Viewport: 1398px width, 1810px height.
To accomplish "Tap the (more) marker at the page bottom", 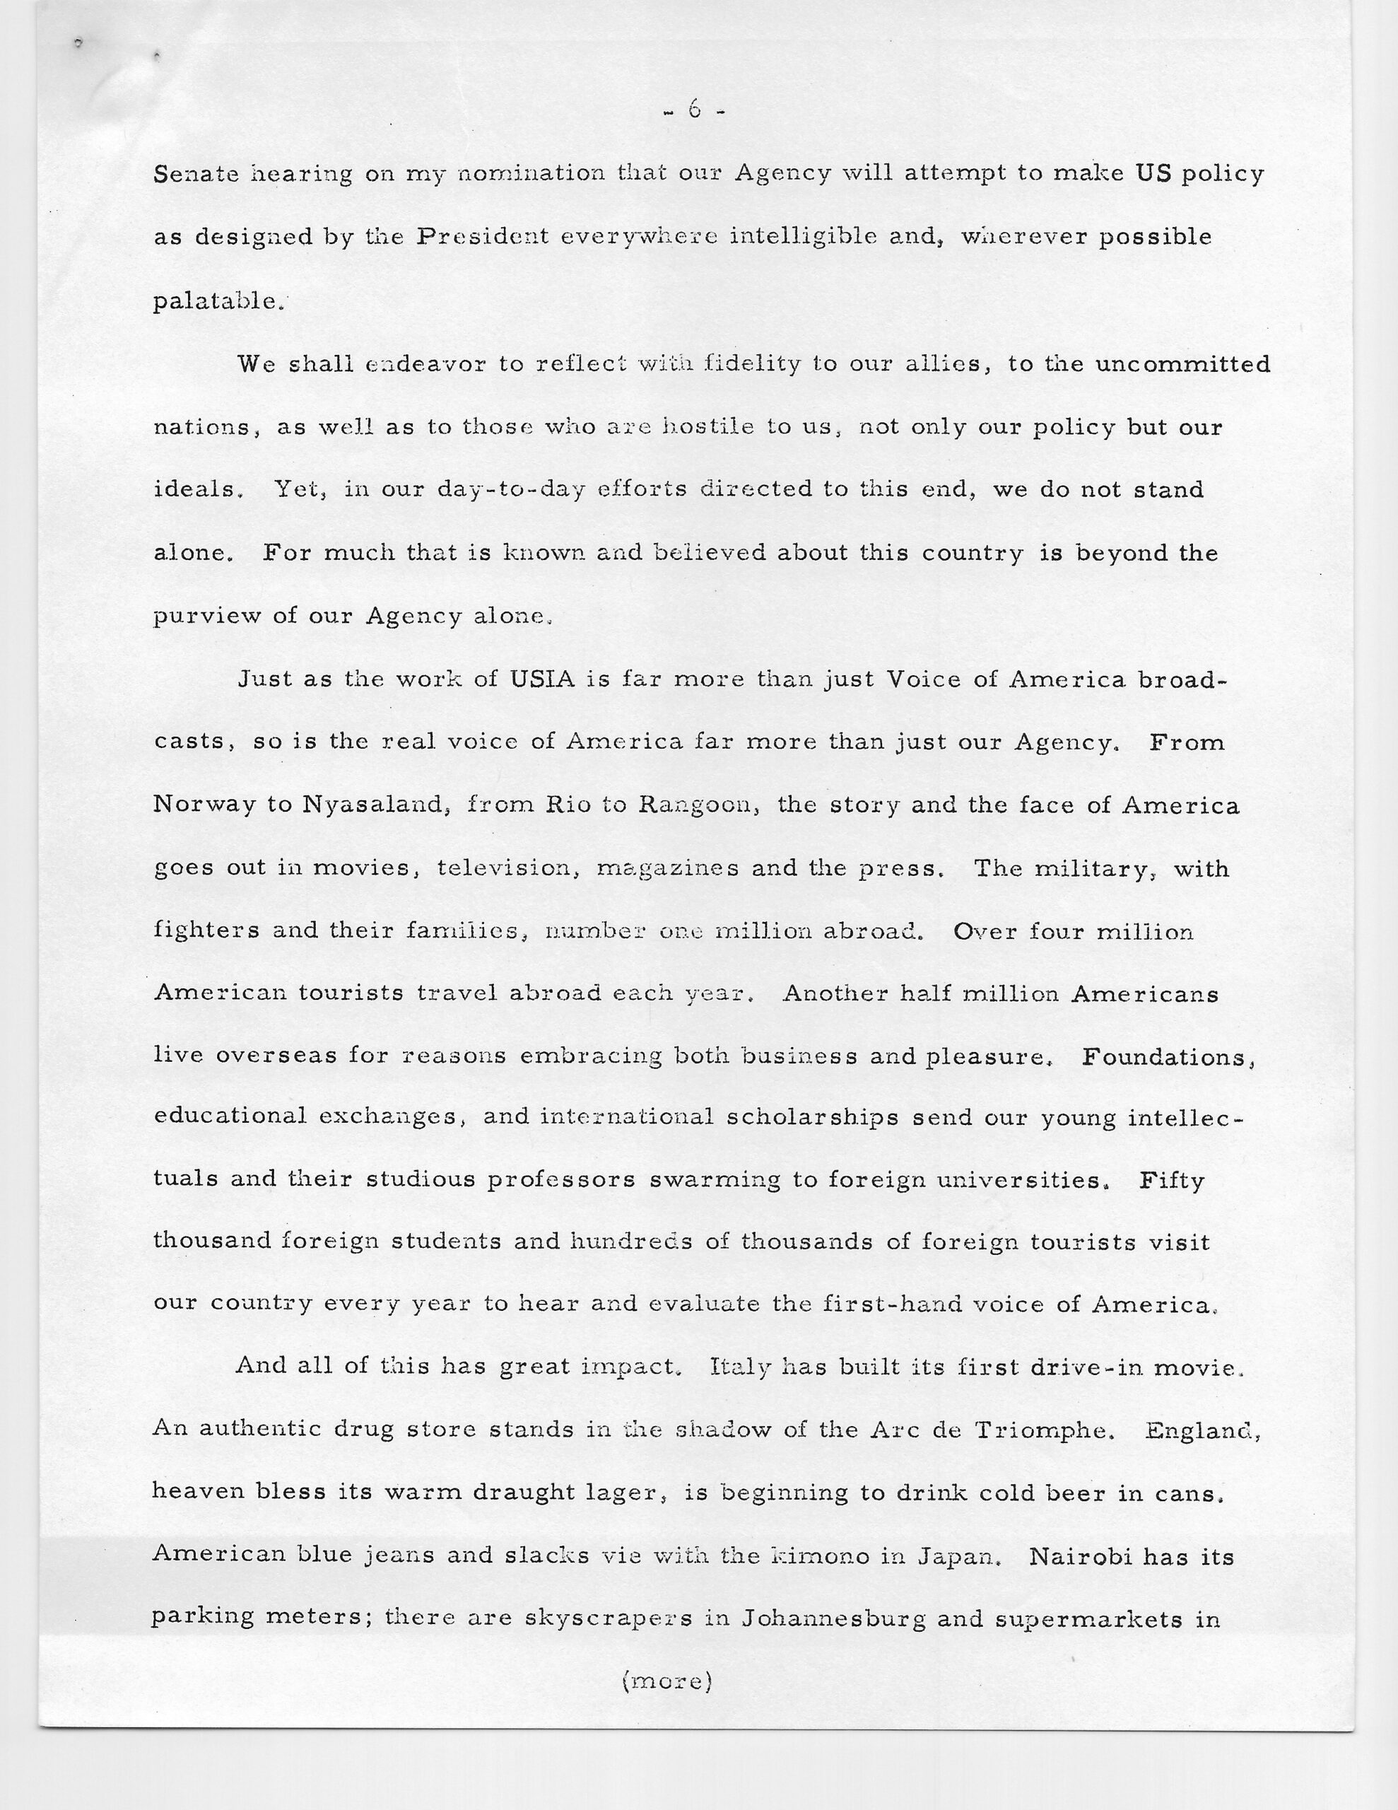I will (x=666, y=1681).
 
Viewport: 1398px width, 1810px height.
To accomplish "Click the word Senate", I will (x=196, y=174).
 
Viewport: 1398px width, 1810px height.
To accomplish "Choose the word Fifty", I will (x=1171, y=1180).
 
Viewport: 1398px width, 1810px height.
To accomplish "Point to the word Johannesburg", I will (x=833, y=1618).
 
